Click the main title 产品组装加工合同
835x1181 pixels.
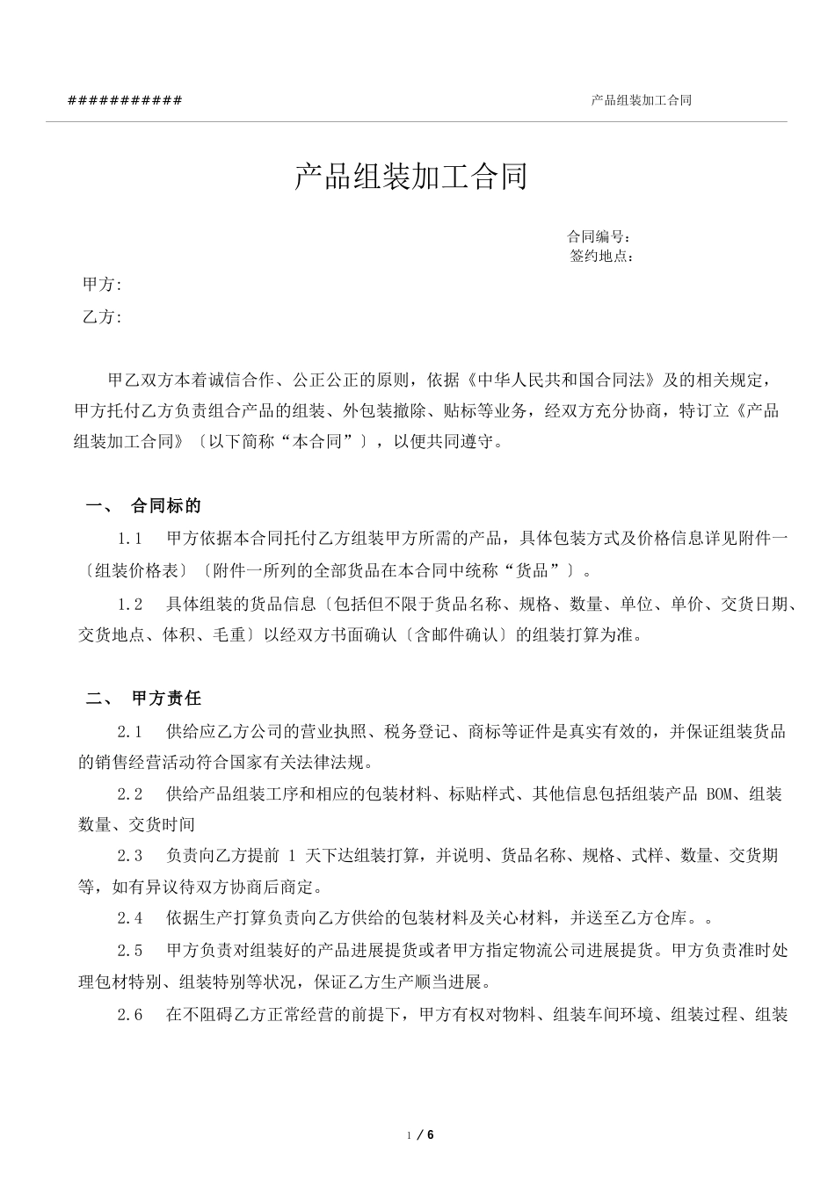pos(410,178)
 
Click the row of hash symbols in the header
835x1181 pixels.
pos(125,100)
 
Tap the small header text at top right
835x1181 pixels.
pos(641,100)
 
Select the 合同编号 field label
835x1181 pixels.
pos(598,236)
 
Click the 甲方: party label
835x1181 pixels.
pos(102,284)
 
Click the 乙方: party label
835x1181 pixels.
pos(102,317)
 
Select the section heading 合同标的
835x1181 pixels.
pos(166,505)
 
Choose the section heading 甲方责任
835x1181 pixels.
pos(166,699)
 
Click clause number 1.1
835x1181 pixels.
pos(130,539)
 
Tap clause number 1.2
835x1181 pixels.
pos(130,605)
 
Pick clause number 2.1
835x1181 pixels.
pos(130,731)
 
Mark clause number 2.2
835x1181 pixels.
pos(130,794)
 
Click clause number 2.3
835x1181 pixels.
pos(130,856)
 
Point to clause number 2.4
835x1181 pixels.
pos(130,918)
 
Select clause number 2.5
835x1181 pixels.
pos(130,950)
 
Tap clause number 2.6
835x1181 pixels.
pos(130,1015)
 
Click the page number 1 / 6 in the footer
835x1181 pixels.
pos(422,1134)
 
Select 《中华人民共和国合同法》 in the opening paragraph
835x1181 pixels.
pos(563,380)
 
